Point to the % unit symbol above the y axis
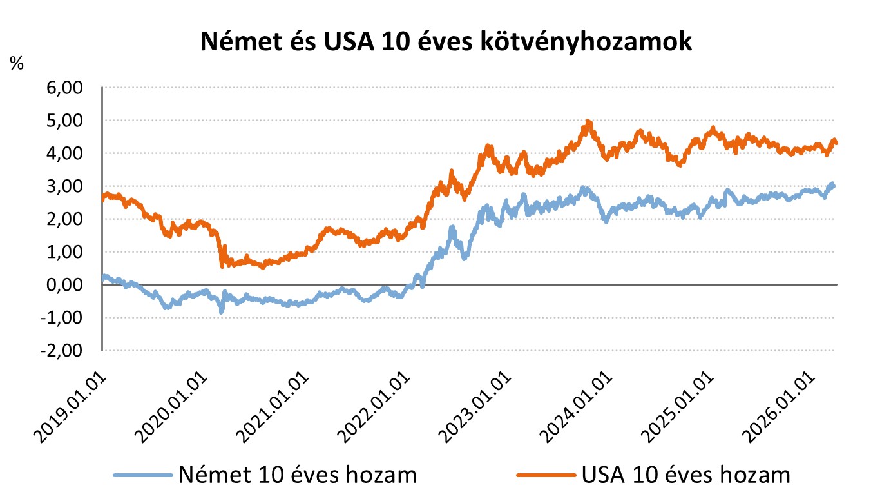point(17,63)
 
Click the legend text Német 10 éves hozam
point(298,475)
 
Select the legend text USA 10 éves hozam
point(685,475)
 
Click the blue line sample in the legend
point(144,476)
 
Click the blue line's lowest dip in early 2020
point(222,311)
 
